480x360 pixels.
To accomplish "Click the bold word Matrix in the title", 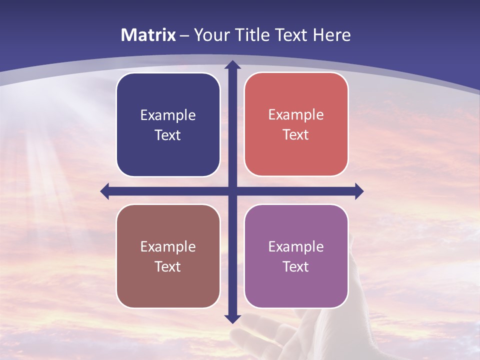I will point(148,35).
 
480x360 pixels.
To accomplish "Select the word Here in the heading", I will point(331,35).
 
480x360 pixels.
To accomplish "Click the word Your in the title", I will point(210,35).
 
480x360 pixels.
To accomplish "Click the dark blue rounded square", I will point(168,124).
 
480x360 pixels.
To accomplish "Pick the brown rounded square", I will point(168,256).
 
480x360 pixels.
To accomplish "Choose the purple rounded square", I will point(296,256).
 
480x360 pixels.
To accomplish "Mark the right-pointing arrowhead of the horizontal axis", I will point(358,191).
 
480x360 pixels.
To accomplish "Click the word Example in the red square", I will point(296,114).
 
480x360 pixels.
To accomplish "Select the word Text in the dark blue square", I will point(168,135).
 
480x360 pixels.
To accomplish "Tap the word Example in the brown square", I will point(168,246).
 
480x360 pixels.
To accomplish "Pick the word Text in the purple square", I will point(296,266).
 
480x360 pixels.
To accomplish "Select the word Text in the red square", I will point(296,134).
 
